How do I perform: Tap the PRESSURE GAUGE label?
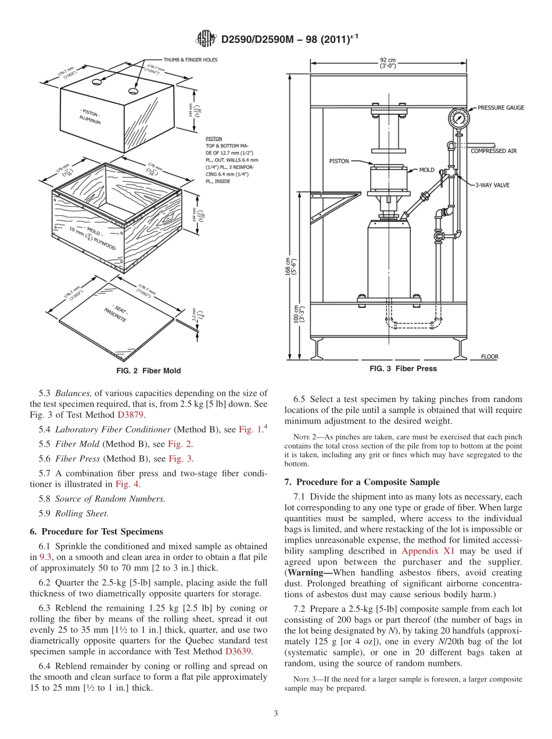tap(500, 107)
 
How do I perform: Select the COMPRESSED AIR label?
tap(493, 151)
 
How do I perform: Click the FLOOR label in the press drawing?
tap(489, 357)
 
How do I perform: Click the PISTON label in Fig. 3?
tap(339, 161)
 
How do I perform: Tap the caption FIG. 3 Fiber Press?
tap(403, 368)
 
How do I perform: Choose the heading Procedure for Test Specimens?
tap(102, 531)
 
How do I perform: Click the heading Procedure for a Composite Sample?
tap(362, 482)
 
